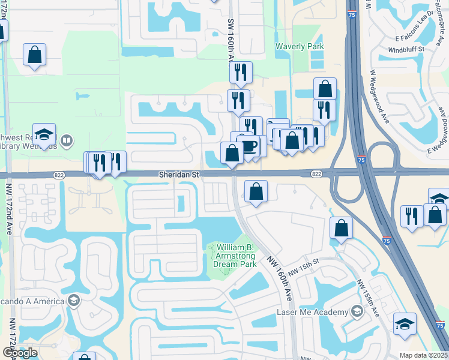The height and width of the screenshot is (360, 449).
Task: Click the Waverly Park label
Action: click(300, 47)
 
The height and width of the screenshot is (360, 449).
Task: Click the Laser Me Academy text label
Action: click(312, 313)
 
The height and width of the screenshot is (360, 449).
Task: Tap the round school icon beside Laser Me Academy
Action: click(357, 311)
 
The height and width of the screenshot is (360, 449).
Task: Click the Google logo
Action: click(20, 353)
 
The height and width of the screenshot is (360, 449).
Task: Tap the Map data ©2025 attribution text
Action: click(423, 355)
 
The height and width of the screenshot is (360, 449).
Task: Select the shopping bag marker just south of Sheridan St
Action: click(256, 192)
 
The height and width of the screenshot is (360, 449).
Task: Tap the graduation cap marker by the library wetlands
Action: click(44, 135)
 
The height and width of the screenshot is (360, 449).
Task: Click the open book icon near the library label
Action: click(67, 141)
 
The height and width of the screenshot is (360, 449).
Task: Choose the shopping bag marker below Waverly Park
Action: click(325, 89)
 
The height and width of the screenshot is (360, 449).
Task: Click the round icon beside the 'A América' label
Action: click(74, 301)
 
